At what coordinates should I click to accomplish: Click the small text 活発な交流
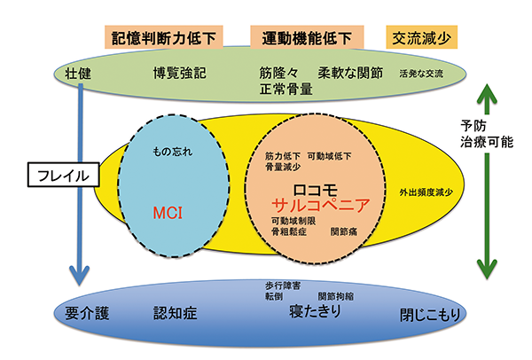tap(421, 72)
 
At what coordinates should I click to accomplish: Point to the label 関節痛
tap(345, 231)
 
